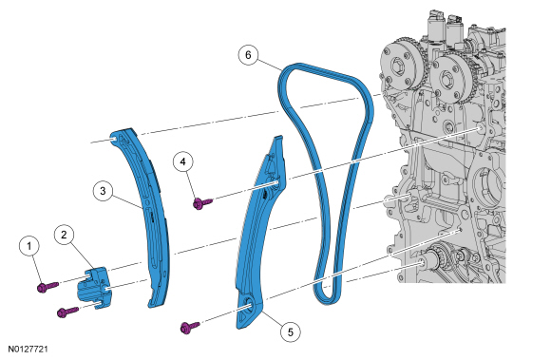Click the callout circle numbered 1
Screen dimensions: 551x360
tap(28, 246)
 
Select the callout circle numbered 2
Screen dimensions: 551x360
tap(64, 235)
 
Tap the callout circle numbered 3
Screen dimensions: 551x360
tap(103, 191)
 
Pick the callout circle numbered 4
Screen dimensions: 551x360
tap(183, 161)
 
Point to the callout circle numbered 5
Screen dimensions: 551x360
tap(291, 332)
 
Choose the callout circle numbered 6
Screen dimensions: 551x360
tap(248, 55)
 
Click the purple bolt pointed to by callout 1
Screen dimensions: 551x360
tap(47, 286)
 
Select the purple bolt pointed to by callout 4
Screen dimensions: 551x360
tap(202, 202)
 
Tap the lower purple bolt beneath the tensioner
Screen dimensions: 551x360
tap(67, 312)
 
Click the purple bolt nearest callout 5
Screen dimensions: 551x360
tap(190, 327)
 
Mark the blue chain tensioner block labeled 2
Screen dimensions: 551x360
tap(93, 288)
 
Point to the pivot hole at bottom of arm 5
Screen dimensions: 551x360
tap(249, 306)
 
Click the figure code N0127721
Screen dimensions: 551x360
tap(28, 349)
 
